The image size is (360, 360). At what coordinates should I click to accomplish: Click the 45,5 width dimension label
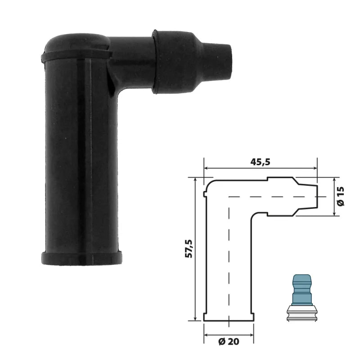[261, 162]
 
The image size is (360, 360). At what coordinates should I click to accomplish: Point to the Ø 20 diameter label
[229, 342]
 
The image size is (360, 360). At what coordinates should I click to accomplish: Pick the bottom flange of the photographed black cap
[81, 258]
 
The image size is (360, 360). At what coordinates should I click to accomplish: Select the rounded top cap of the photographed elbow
[76, 41]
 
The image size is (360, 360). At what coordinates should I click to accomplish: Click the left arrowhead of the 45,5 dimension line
[207, 169]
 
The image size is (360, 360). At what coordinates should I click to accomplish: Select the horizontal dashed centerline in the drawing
[270, 197]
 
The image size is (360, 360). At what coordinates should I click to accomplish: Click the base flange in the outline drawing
[229, 317]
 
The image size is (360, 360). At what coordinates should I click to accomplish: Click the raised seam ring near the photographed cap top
[76, 55]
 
